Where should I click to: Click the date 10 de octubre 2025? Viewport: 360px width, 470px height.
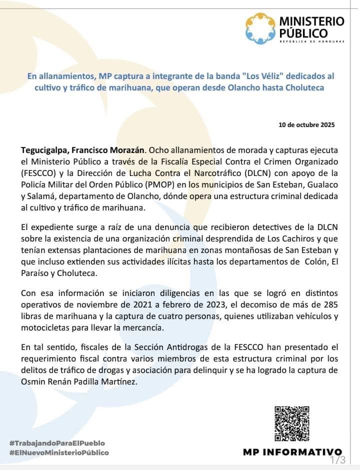click(306, 125)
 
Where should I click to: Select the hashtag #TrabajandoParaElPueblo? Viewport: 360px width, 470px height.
click(57, 443)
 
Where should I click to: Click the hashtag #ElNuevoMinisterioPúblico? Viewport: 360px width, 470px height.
click(59, 452)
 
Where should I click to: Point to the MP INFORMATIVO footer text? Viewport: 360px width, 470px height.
click(292, 452)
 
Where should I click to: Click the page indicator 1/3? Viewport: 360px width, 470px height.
click(337, 459)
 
